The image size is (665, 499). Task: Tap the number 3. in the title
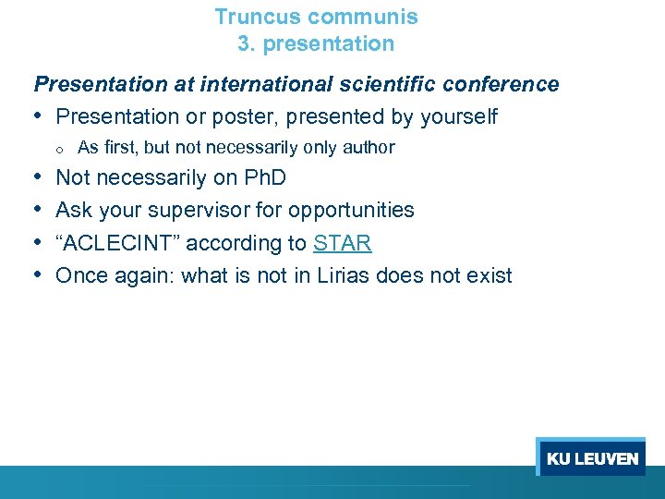click(245, 43)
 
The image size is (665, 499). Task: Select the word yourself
click(458, 117)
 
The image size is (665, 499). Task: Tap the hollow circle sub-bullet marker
click(57, 149)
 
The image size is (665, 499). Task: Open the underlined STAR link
click(342, 244)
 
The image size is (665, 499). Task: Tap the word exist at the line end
click(488, 275)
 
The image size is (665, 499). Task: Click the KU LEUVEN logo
click(591, 457)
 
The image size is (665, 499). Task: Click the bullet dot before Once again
click(41, 275)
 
